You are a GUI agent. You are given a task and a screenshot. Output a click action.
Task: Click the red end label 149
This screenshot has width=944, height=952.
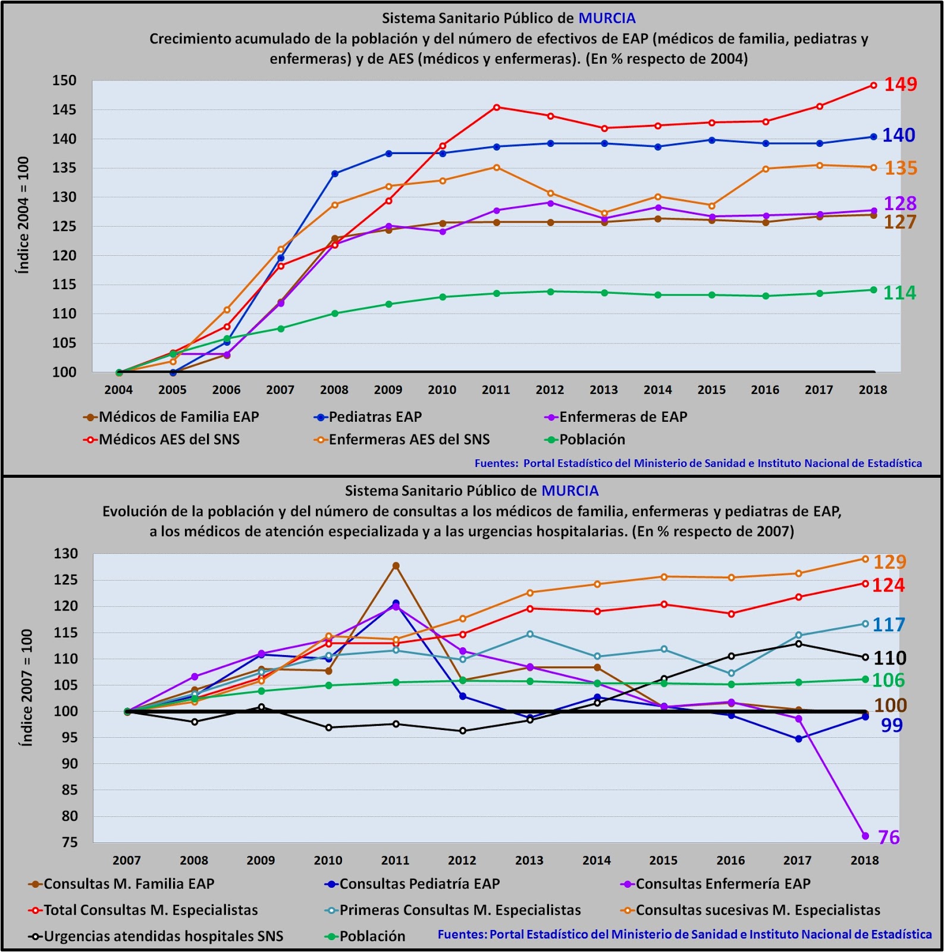[x=900, y=84]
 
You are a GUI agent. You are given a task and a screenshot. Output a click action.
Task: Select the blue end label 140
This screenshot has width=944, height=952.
[x=898, y=136]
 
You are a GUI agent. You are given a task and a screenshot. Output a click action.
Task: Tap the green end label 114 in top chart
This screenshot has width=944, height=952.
[x=899, y=293]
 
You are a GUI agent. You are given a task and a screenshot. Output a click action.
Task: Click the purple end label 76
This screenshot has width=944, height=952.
[x=889, y=838]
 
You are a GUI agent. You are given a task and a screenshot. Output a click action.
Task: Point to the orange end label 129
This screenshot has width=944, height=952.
[x=889, y=562]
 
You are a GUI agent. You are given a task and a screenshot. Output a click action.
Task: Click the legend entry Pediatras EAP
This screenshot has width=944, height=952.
[x=375, y=417]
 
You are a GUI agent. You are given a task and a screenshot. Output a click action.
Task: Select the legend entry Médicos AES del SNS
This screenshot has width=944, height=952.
[x=169, y=440]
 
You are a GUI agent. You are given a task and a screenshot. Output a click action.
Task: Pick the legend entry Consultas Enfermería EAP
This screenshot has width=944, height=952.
[x=723, y=884]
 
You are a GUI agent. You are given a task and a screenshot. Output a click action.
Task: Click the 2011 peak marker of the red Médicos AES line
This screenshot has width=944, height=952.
[x=497, y=107]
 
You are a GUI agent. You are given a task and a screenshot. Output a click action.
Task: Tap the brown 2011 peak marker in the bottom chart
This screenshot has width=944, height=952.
[x=396, y=566]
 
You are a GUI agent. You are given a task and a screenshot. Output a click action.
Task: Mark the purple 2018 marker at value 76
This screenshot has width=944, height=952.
[x=865, y=836]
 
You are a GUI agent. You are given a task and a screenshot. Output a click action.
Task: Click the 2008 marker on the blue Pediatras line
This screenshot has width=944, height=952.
[x=335, y=174]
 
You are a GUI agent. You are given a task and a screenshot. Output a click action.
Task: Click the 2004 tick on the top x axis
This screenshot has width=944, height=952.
[x=118, y=390]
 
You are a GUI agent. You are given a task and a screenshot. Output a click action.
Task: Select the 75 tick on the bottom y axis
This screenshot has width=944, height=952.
[x=70, y=843]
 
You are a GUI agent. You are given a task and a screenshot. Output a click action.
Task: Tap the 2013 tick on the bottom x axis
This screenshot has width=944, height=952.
[x=529, y=860]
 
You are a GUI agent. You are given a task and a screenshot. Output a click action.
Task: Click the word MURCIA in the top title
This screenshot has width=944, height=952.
[x=607, y=18]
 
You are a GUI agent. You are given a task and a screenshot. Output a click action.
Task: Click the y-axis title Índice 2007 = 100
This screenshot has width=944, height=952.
[x=26, y=688]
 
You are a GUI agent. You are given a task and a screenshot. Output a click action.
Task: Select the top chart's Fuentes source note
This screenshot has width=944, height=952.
[x=698, y=464]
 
